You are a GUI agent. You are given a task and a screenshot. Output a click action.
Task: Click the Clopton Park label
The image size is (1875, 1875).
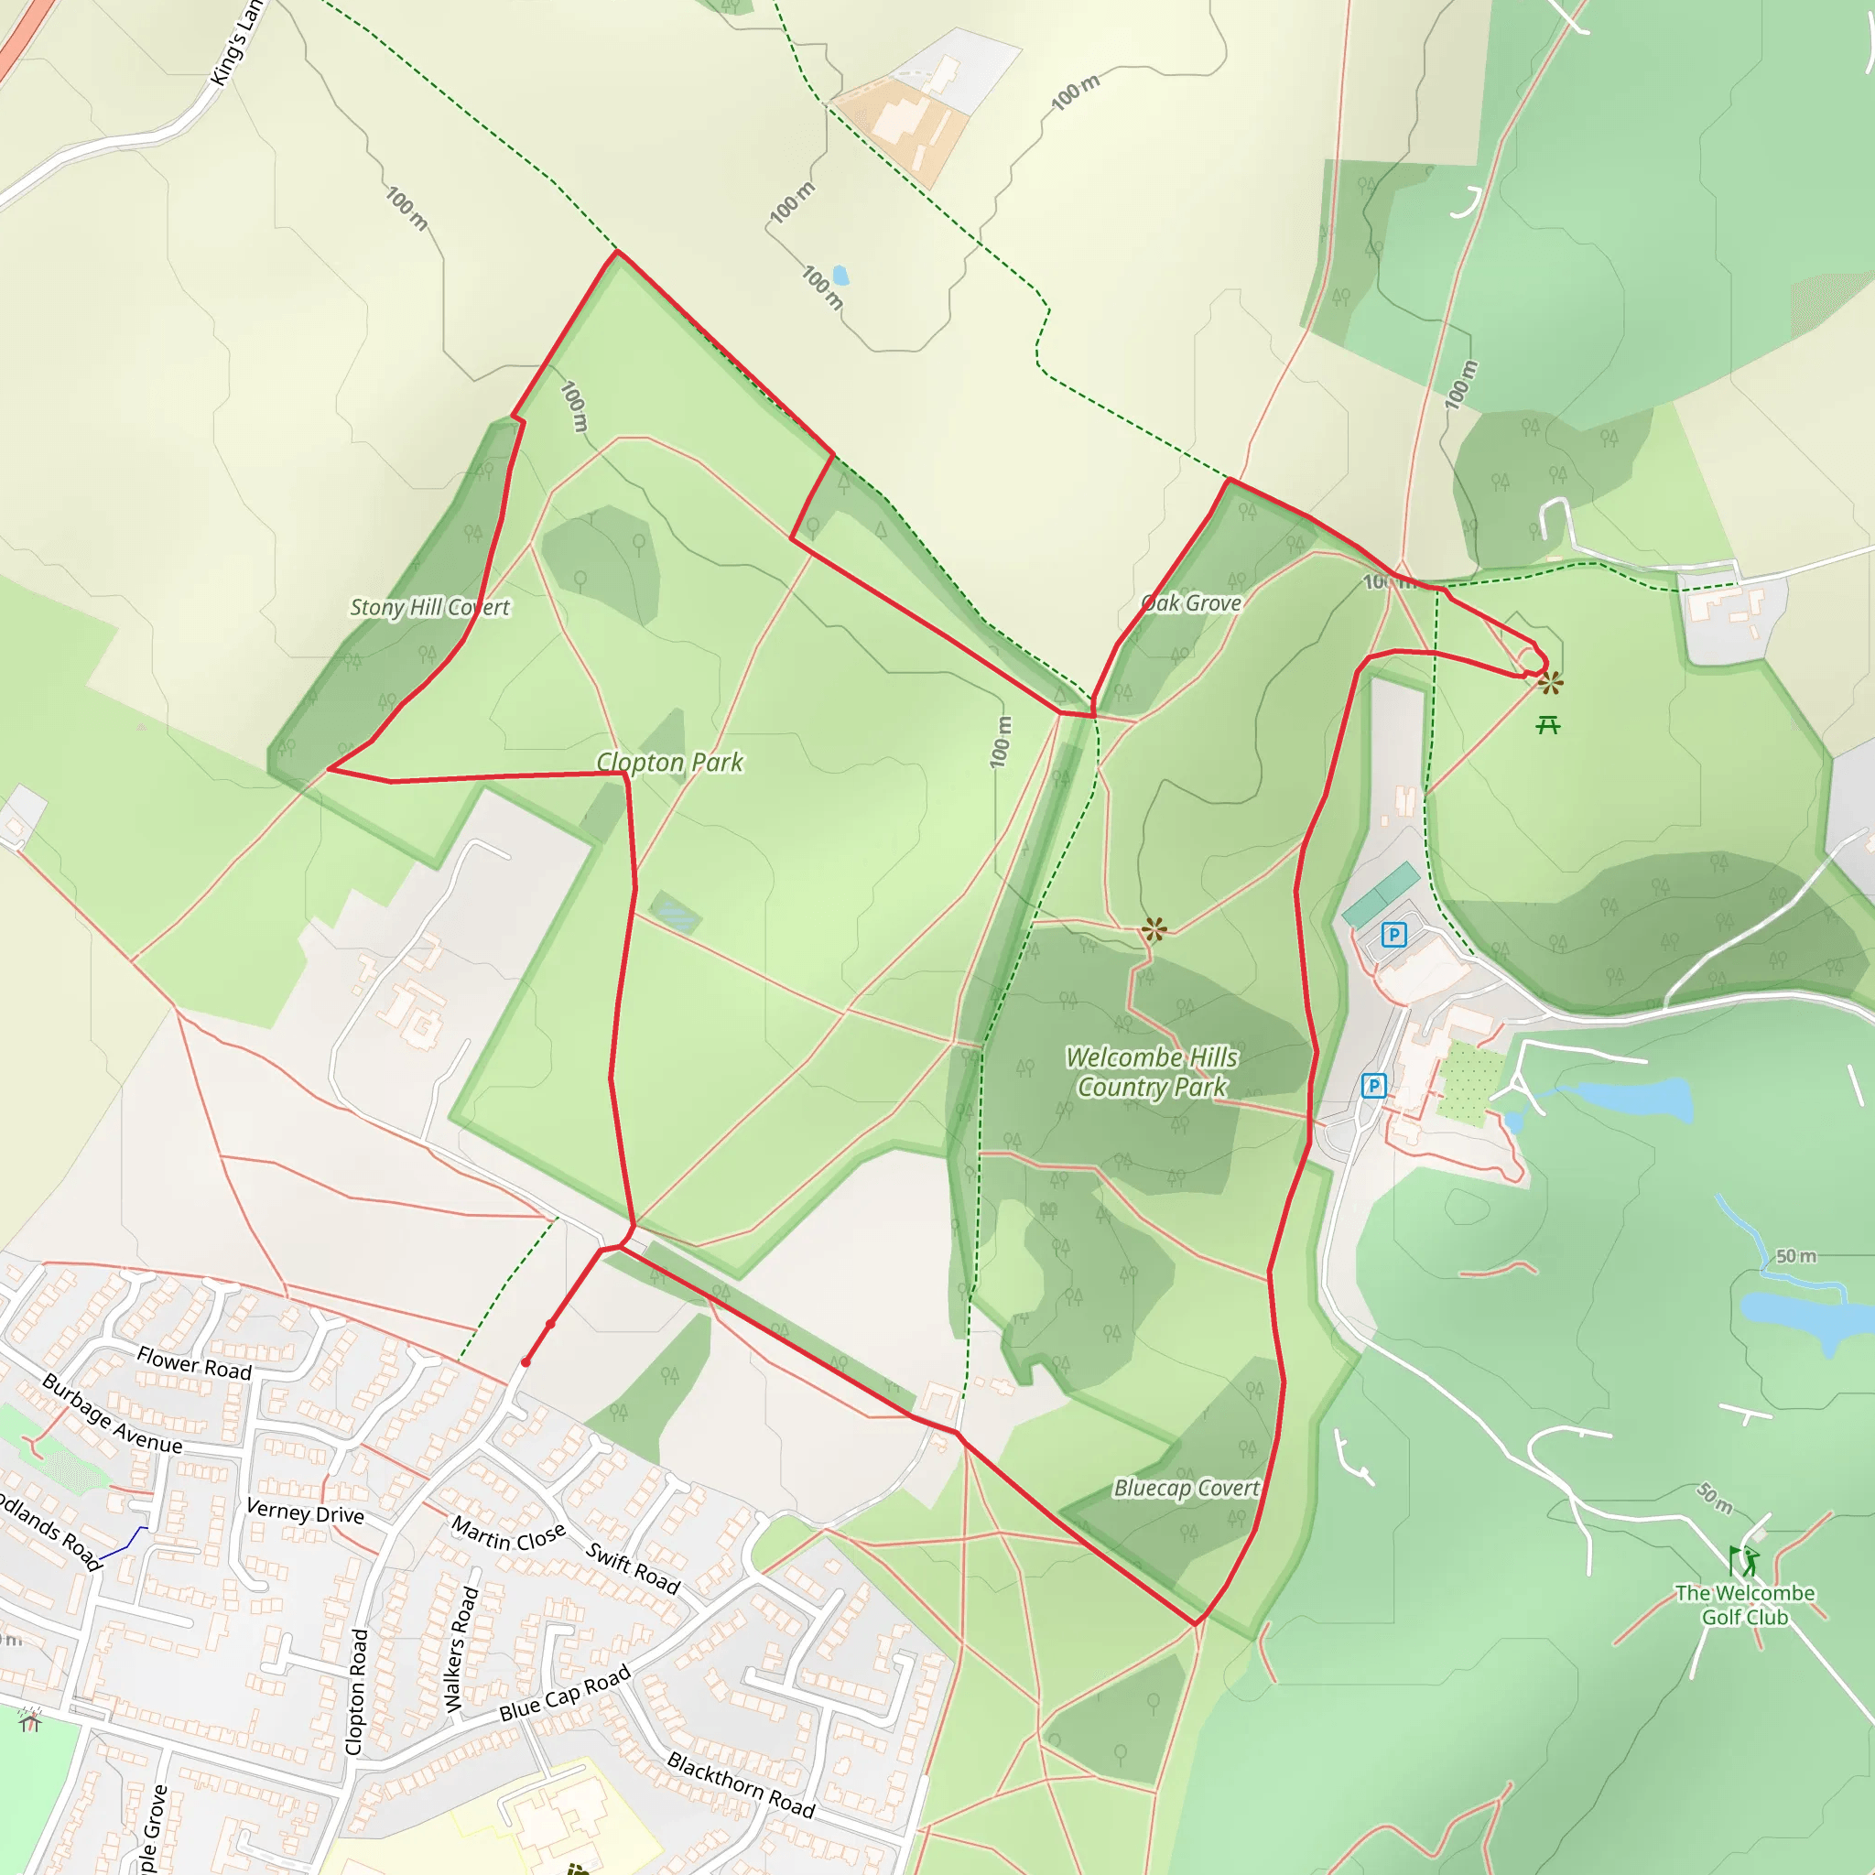point(669,763)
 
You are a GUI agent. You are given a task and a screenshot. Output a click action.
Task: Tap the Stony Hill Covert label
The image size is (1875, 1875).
point(429,608)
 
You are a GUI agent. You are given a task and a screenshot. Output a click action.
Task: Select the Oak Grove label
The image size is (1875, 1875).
point(1191,602)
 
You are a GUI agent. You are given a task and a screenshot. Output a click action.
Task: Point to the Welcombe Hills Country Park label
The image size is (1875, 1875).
point(1152,1072)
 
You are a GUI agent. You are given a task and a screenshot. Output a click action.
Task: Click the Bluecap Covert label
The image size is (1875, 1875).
point(1186,1488)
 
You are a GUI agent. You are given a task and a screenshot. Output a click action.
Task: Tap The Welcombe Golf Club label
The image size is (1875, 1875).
point(1744,1605)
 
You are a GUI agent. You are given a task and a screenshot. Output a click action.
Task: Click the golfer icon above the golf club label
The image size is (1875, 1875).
point(1743,1562)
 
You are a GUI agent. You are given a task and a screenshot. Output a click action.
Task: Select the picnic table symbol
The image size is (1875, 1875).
point(1548,725)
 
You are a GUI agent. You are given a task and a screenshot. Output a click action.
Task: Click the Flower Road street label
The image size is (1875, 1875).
point(194,1363)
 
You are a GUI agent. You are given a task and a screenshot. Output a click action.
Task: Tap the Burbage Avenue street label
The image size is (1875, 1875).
point(112,1414)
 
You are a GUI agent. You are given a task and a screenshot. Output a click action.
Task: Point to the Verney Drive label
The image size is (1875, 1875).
point(305,1511)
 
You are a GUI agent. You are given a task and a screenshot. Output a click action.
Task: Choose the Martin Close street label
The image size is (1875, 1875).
point(507,1534)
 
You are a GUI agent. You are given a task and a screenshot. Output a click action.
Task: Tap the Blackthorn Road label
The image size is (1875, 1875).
point(741,1784)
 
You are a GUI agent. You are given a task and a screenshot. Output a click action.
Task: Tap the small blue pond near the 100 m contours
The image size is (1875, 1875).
point(840,276)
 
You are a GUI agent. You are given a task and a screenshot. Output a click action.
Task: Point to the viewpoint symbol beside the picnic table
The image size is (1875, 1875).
point(1550,683)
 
